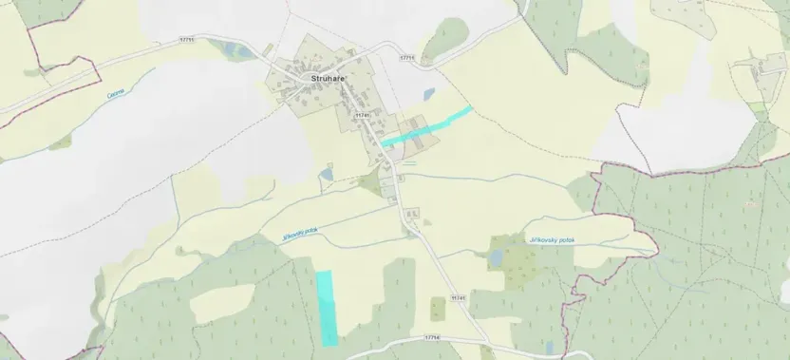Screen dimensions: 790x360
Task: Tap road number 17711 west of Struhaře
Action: click(186, 40)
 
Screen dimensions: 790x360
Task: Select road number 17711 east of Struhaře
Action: click(408, 59)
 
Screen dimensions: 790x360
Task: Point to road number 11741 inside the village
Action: click(361, 116)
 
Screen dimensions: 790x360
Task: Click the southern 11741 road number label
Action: click(459, 298)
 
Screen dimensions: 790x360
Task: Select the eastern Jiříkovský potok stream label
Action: click(551, 240)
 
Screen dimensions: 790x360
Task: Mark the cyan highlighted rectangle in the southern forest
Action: click(327, 306)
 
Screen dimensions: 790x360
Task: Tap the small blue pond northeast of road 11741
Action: click(429, 94)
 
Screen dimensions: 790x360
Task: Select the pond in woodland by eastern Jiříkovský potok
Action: click(496, 257)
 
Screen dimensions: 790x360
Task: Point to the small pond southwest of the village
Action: click(326, 175)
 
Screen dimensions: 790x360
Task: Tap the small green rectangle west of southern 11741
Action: click(438, 309)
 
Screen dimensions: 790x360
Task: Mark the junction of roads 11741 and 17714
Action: click(483, 339)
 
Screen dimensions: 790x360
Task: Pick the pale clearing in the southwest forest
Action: click(222, 303)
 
